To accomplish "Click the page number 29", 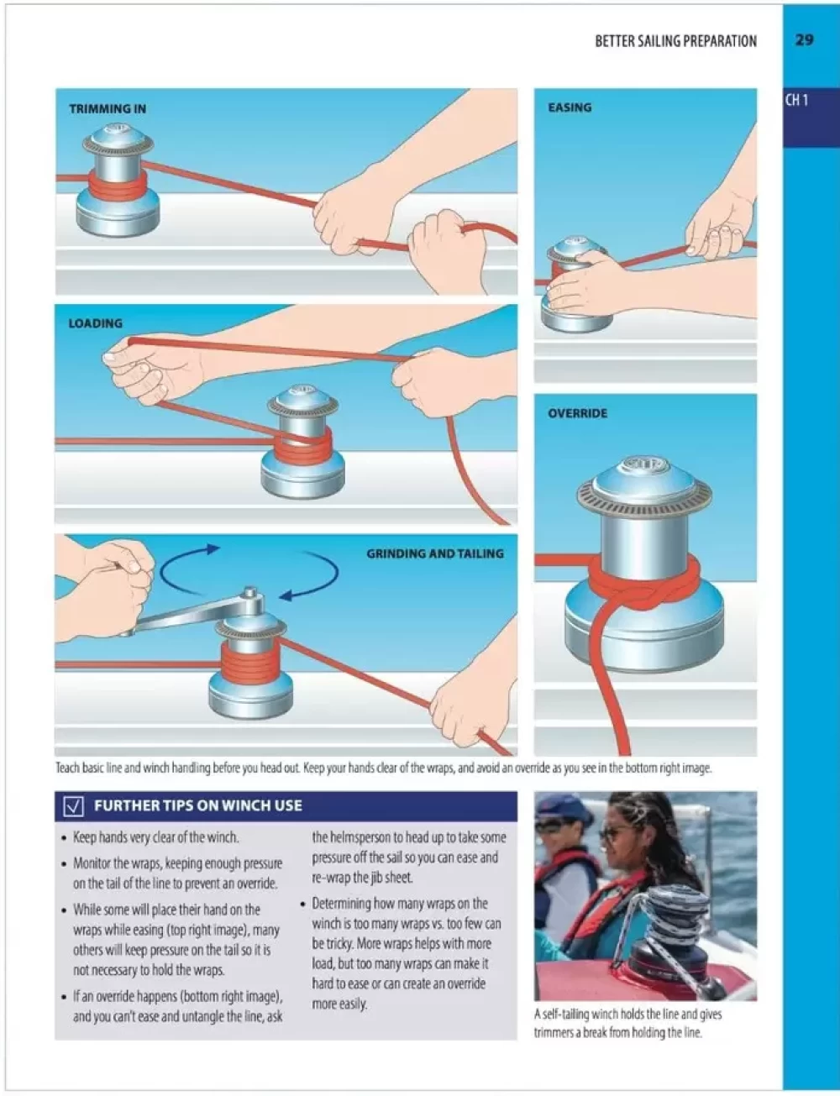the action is tap(804, 39).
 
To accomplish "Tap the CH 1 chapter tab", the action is tap(797, 101).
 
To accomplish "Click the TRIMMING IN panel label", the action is tap(108, 109).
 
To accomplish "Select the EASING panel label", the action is tap(570, 108).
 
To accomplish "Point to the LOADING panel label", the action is tap(96, 323).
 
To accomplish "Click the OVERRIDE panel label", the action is tap(578, 413).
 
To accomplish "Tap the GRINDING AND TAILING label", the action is tap(435, 553).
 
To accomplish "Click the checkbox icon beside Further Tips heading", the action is tap(74, 805).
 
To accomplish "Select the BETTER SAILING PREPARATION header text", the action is tap(676, 41).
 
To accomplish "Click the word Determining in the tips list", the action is tap(342, 904).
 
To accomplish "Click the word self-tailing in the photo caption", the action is tap(565, 1014).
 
